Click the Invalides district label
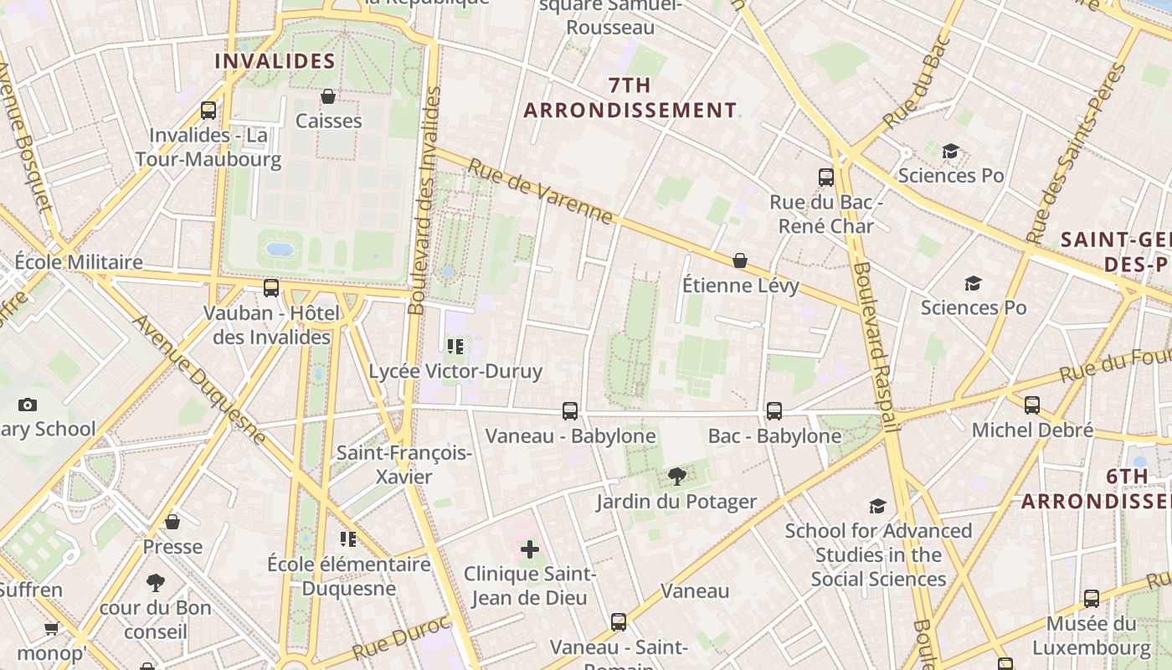click(275, 61)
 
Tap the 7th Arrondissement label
click(630, 98)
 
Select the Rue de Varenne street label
click(540, 192)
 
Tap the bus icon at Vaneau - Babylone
click(570, 410)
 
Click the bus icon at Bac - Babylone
click(774, 410)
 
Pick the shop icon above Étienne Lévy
click(740, 260)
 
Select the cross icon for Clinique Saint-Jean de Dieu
click(530, 549)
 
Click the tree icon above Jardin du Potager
click(676, 477)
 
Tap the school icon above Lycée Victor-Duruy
click(455, 346)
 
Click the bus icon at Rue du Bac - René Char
click(826, 177)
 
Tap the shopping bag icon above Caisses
click(328, 96)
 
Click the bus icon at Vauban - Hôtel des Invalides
click(271, 288)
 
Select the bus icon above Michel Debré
click(1032, 405)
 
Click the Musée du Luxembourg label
click(1091, 636)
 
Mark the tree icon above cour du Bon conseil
click(155, 583)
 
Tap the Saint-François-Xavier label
click(404, 465)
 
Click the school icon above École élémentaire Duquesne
click(348, 539)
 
